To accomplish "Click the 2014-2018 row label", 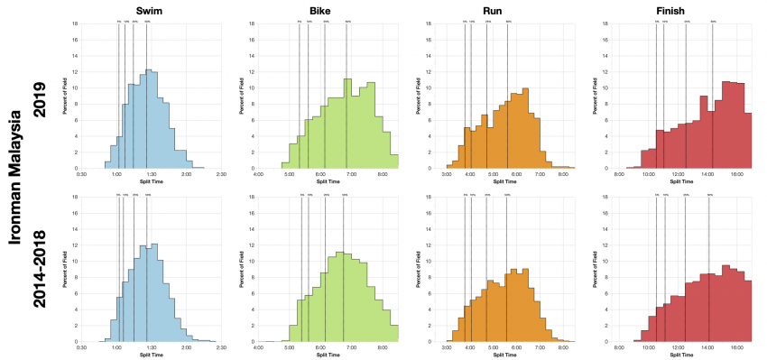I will pos(39,265).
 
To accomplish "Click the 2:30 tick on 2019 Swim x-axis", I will pos(221,174).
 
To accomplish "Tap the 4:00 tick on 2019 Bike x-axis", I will pos(259,174).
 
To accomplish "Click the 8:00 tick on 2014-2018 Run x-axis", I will pos(563,348).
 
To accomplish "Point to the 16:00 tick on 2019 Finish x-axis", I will pos(736,174).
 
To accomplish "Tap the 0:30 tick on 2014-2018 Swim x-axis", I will pos(81,348).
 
